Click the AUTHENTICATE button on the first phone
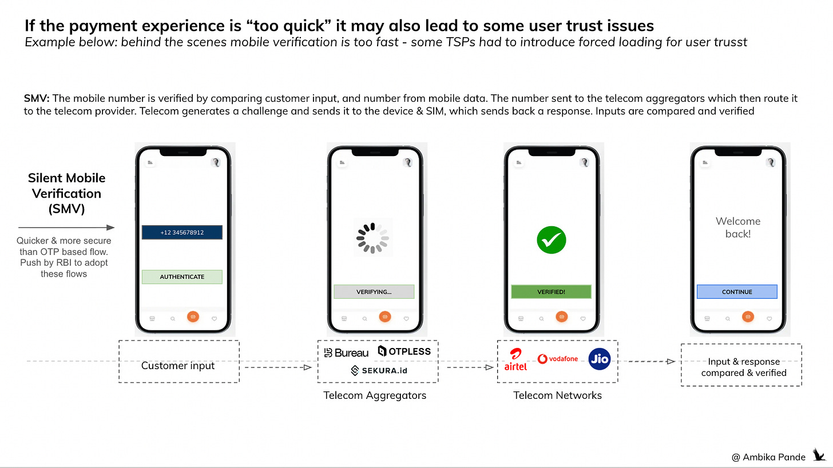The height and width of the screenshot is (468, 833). pos(182,277)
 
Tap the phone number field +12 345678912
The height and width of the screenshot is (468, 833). pos(182,233)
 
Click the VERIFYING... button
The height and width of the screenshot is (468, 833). pos(374,292)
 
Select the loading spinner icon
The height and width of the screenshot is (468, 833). pos(372,237)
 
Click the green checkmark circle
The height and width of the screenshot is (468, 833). pos(551,240)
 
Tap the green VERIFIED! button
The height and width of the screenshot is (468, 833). pos(551,292)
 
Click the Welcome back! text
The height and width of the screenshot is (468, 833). pos(738,227)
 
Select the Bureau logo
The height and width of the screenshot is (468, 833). pos(346,353)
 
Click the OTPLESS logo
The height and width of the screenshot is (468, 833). pos(404,351)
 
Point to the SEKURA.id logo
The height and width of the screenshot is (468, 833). pos(379,371)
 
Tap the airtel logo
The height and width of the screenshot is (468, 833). pos(515,359)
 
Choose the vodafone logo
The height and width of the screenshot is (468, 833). pos(558,359)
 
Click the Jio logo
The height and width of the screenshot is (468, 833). pos(600,359)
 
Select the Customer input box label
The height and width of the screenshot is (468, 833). pos(178,366)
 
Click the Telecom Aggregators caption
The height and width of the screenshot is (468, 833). pos(375,395)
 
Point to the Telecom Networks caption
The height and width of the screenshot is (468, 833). pos(558,395)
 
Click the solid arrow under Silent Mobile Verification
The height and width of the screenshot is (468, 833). pos(66,227)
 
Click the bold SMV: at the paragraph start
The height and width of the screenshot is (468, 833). pos(37,99)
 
